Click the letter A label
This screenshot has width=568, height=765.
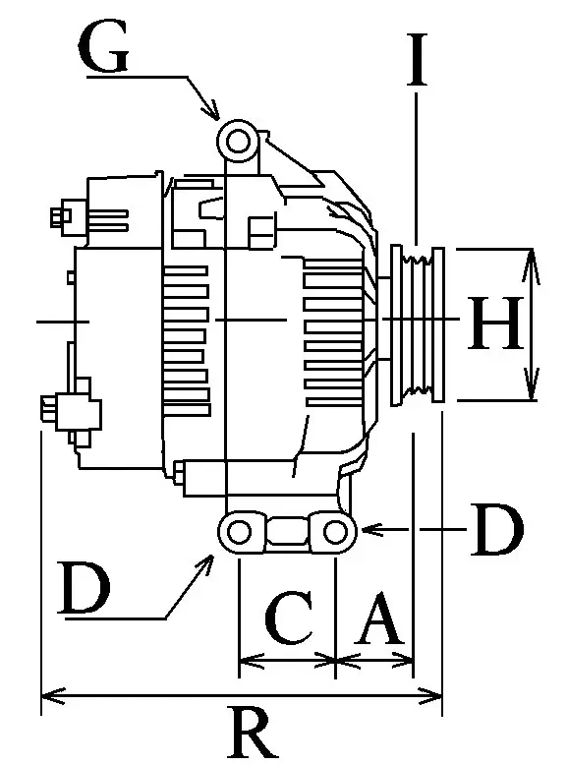(x=377, y=620)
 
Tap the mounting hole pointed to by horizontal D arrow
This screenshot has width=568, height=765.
(x=335, y=532)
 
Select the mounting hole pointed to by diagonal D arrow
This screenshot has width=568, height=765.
(x=239, y=532)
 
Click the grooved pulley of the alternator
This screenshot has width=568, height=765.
(x=419, y=324)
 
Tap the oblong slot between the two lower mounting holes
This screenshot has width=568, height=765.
(x=287, y=532)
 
